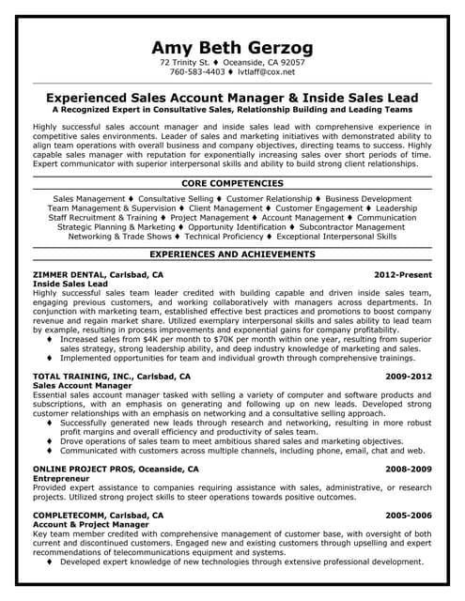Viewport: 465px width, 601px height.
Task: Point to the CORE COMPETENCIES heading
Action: point(232,183)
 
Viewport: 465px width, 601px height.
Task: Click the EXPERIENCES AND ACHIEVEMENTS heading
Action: point(232,254)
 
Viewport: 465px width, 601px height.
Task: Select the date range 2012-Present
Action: point(402,274)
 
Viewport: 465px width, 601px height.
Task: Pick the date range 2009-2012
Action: point(409,376)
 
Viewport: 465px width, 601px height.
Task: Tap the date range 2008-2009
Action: point(409,469)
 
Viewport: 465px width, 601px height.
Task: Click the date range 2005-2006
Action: point(409,516)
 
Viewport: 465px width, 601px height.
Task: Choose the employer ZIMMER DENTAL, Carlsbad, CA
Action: point(98,274)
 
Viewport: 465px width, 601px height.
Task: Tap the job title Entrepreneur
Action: point(61,478)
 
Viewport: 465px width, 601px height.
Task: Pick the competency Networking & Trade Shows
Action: point(120,237)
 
